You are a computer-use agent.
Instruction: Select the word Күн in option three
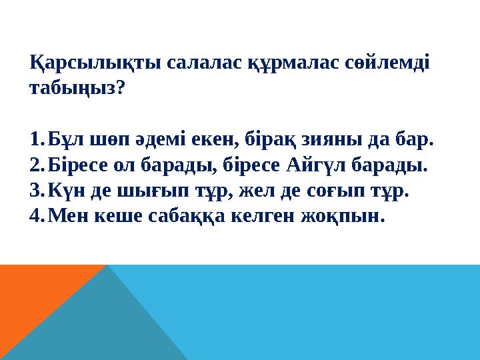65,191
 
